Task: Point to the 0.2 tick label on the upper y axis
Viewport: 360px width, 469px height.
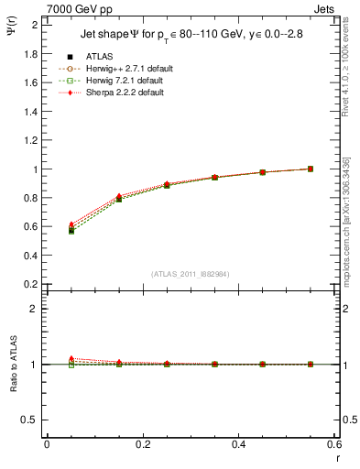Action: coord(31,285)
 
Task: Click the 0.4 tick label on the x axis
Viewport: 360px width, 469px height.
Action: coord(238,444)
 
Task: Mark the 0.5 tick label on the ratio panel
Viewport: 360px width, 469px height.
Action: coord(31,420)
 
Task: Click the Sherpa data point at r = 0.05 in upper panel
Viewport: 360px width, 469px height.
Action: coord(71,224)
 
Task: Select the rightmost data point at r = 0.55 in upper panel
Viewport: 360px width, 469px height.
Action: coord(310,169)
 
